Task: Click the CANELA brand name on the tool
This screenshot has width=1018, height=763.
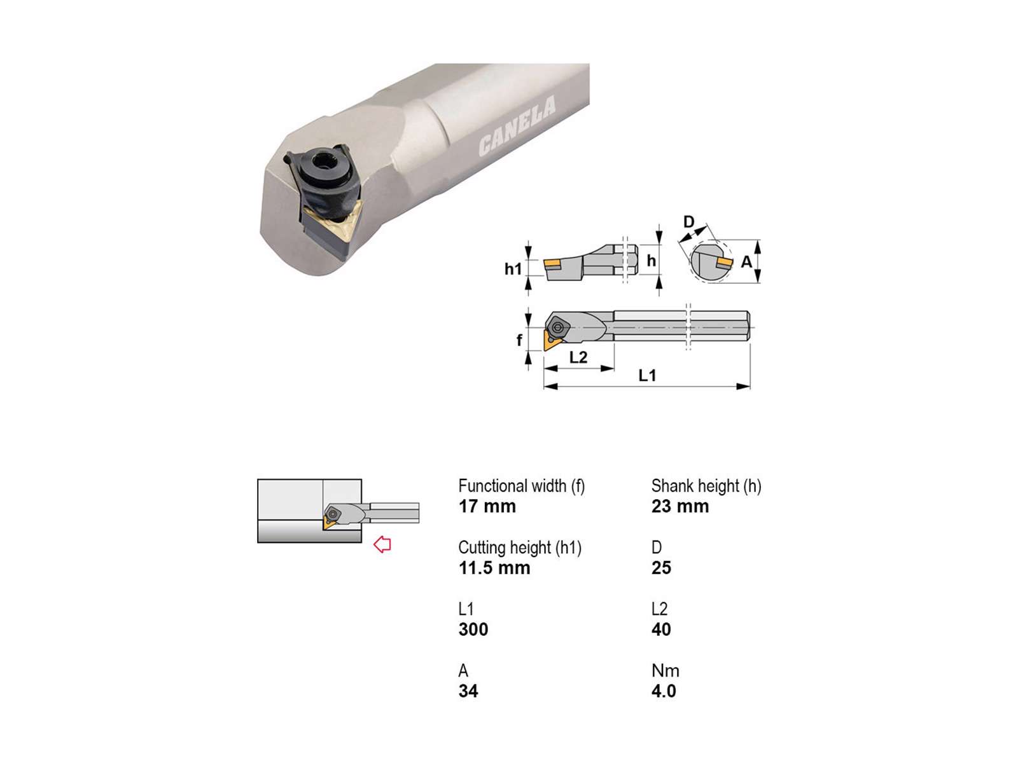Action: tap(517, 125)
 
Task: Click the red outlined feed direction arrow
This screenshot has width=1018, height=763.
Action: tap(382, 544)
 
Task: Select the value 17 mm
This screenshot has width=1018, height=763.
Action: tap(487, 506)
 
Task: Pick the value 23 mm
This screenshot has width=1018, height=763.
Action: tap(680, 506)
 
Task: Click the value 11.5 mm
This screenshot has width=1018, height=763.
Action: tap(494, 568)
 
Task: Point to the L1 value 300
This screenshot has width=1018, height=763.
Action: tap(473, 629)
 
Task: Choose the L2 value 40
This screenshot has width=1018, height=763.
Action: tap(661, 629)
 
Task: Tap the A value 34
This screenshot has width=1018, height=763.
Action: tap(468, 691)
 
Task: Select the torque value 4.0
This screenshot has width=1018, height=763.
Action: tap(664, 691)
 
